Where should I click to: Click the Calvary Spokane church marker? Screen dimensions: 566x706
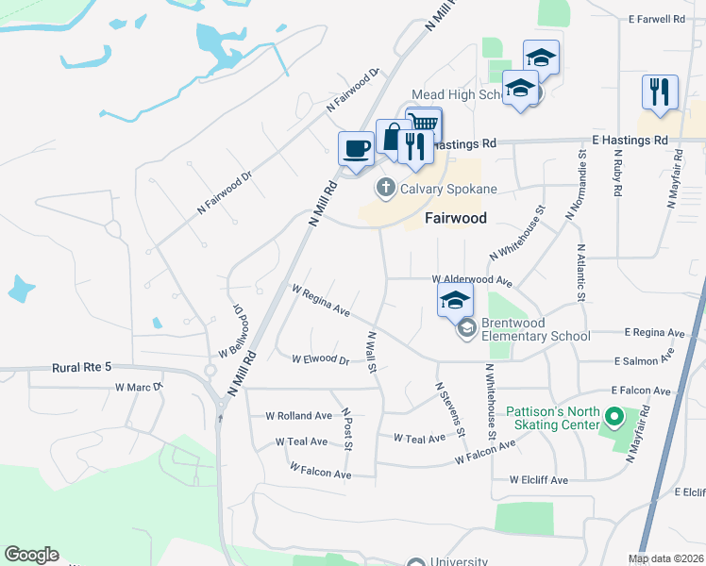coord(385,188)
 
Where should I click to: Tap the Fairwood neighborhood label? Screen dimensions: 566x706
coord(455,218)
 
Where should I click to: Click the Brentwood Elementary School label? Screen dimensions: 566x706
coord(535,329)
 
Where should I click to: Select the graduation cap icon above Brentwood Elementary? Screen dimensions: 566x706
coord(455,301)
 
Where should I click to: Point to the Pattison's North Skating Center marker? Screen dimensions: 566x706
coord(615,416)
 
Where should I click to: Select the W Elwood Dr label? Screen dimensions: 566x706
coord(320,359)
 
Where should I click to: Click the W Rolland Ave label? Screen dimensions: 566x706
coord(298,415)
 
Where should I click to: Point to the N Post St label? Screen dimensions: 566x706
coord(346,429)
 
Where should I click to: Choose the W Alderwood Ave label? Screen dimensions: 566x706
coord(472,280)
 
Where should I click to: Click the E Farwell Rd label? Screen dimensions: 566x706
coord(655,18)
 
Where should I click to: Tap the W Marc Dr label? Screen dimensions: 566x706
coord(139,387)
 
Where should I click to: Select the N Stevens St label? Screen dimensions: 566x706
coord(450,408)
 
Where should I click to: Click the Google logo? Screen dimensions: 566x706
coord(31,555)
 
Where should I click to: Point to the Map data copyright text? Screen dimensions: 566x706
coord(666,558)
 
